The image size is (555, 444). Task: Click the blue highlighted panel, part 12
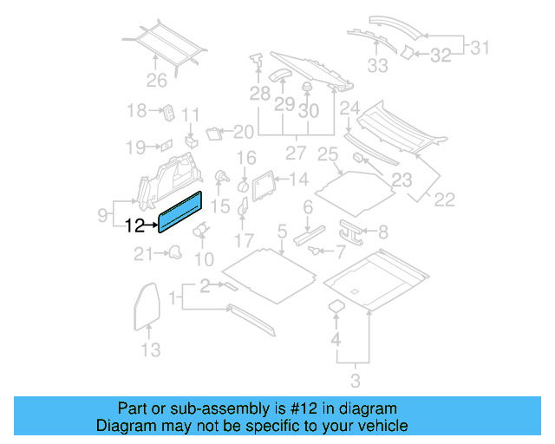(180, 213)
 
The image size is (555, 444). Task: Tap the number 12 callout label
(136, 227)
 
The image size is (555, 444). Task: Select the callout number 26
(156, 82)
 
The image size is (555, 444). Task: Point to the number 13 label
(151, 349)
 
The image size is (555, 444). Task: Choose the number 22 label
(444, 200)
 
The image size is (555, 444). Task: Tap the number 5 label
(281, 231)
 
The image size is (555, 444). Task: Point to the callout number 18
(136, 110)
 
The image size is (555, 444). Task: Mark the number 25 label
(327, 155)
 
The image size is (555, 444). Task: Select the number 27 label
(296, 154)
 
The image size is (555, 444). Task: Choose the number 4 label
(336, 337)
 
